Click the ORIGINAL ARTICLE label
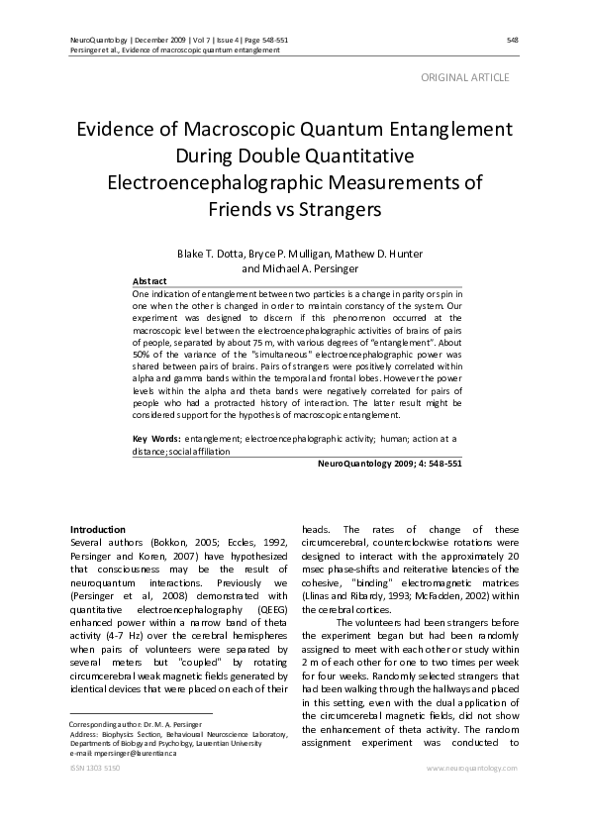pyautogui.click(x=465, y=76)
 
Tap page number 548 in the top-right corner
pyautogui.click(x=512, y=40)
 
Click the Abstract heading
pyautogui.click(x=148, y=281)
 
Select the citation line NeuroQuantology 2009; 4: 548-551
pyautogui.click(x=388, y=463)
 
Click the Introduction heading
pyautogui.click(x=98, y=529)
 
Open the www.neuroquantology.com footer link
pyautogui.click(x=471, y=768)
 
